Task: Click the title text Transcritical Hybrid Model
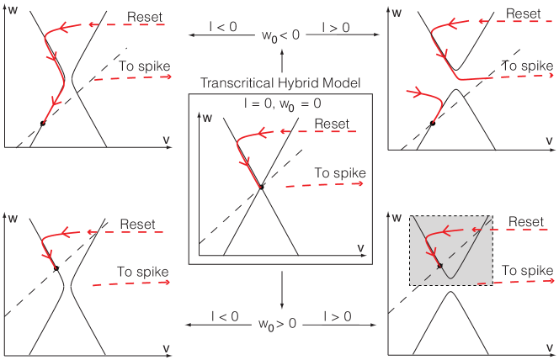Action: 279,82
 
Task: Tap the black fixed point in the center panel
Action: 261,187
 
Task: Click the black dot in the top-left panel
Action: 42,123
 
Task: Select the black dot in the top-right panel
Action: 432,123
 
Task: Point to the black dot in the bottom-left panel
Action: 56,268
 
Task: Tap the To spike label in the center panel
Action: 340,173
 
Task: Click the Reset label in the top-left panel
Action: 146,17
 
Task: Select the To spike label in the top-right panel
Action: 528,66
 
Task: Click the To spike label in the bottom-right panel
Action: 527,270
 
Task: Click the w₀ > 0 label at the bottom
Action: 282,321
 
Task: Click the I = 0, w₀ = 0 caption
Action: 279,102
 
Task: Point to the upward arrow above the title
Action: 282,59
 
